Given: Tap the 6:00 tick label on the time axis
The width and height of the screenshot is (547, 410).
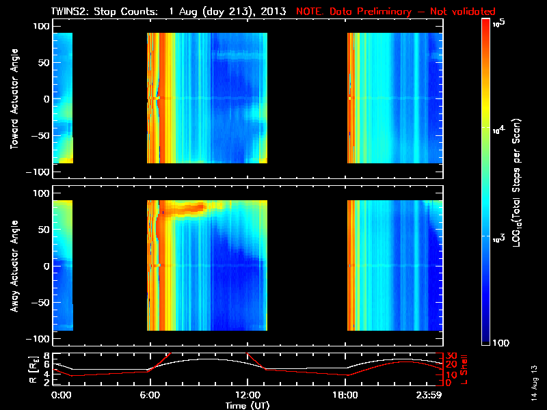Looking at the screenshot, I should [x=150, y=396].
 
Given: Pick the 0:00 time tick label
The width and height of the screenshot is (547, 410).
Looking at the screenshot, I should [x=61, y=396].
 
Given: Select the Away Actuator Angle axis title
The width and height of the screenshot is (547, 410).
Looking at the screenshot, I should [x=14, y=266].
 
